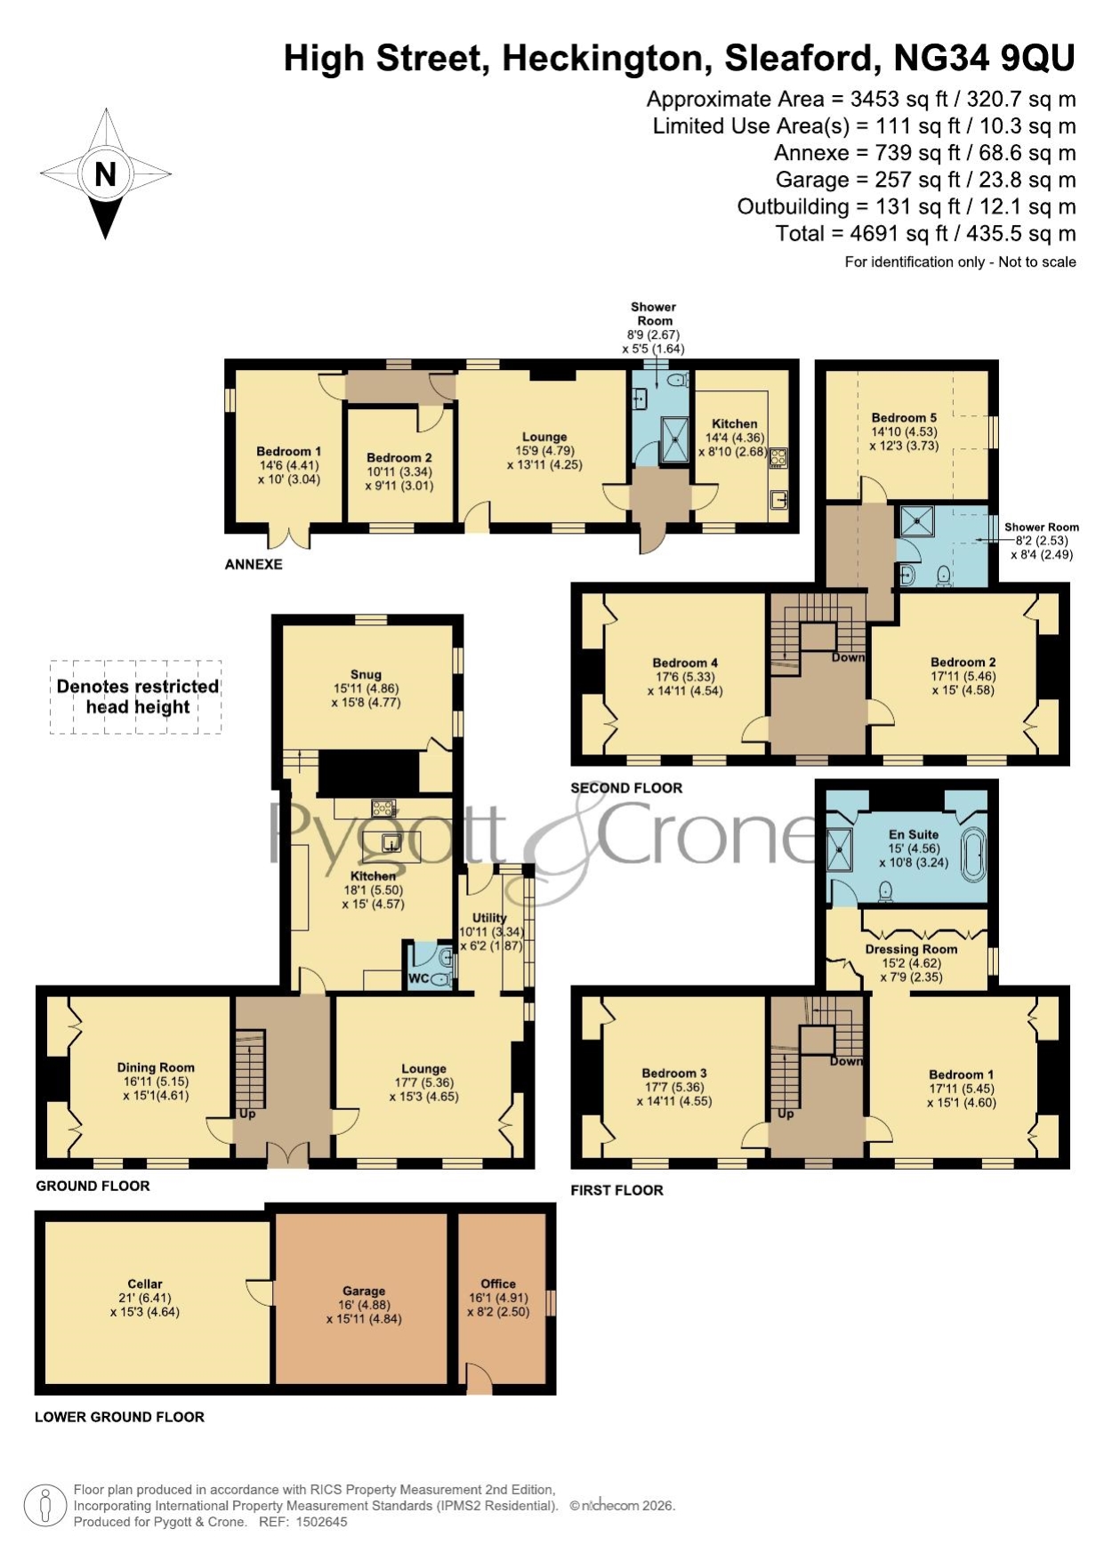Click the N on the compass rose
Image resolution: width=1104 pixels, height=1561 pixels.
click(x=105, y=173)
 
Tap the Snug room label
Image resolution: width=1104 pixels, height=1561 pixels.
click(x=366, y=674)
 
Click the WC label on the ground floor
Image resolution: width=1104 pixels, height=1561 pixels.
click(x=419, y=978)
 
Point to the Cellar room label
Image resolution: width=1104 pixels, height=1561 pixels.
click(x=145, y=1283)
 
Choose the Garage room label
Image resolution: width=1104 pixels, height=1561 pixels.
click(x=364, y=1291)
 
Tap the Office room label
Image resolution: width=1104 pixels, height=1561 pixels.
click(x=498, y=1283)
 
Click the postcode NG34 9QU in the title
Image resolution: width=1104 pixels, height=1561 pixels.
click(x=984, y=59)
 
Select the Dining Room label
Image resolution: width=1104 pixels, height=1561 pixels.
click(x=156, y=1067)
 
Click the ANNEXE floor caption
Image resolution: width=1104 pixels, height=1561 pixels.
click(x=254, y=564)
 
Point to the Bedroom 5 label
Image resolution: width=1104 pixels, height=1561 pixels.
click(x=904, y=417)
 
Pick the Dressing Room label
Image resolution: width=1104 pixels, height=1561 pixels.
click(x=911, y=949)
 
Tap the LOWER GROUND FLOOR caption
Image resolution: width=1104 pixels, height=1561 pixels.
click(x=119, y=1417)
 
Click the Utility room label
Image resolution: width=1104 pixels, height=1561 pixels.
click(x=489, y=917)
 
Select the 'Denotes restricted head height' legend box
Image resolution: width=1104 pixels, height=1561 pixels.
click(x=135, y=696)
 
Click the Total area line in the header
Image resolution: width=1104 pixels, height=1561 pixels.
click(x=926, y=234)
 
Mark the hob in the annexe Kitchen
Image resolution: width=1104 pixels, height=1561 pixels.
click(x=778, y=457)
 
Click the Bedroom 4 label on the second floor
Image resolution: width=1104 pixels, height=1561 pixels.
click(x=685, y=663)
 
